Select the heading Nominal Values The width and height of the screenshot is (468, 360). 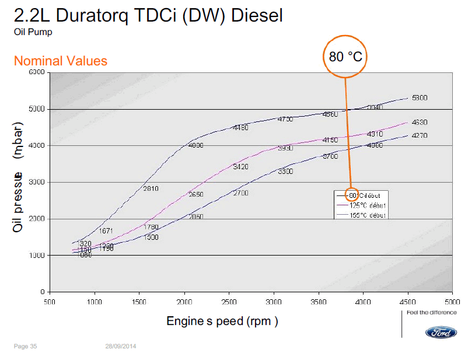coord(60,61)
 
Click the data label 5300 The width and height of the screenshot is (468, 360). coord(420,98)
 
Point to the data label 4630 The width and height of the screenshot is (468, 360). coord(420,123)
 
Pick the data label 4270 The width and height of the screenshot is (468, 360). coord(420,136)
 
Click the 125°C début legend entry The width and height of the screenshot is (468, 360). coord(368,205)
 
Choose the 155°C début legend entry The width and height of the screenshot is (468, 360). coord(368,215)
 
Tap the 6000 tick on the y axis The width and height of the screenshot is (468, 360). coord(37,72)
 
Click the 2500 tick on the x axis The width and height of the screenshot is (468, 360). coord(229,302)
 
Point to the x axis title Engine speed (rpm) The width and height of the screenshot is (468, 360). coord(222,321)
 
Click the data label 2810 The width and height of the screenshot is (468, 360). coord(151,188)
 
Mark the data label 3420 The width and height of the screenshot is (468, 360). coord(240,167)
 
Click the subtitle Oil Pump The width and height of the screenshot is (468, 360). coord(33,32)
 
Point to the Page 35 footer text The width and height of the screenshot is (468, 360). coord(25,347)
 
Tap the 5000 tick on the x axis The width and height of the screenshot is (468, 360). coord(452,302)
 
